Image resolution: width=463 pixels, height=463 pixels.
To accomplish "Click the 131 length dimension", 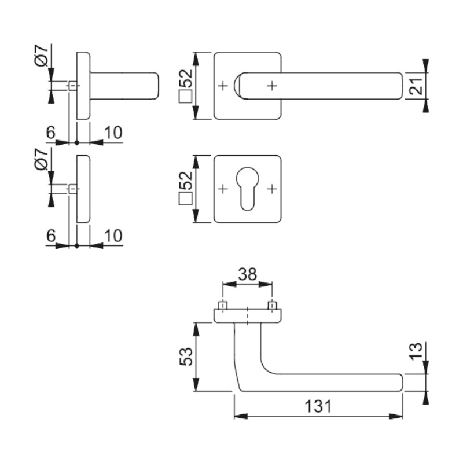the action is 318,406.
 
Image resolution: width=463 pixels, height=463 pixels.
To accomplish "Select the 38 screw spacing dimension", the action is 248,274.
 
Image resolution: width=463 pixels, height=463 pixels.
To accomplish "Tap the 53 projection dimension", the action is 186,357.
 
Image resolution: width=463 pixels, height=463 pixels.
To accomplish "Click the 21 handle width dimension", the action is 416,86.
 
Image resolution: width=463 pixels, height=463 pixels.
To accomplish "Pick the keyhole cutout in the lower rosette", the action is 247,189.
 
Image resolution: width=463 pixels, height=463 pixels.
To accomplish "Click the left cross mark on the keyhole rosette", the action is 223,189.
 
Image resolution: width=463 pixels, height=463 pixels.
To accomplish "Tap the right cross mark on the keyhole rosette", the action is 272,189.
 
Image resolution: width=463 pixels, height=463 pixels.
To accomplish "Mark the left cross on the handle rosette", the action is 223,86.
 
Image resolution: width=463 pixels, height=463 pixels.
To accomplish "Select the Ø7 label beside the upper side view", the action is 41,56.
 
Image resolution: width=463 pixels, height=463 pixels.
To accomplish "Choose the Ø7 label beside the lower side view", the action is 41,159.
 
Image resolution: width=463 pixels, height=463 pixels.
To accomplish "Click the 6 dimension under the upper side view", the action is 51,133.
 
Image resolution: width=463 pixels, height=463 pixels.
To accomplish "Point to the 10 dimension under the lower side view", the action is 113,236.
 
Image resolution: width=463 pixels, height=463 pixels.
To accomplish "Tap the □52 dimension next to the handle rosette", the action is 186,86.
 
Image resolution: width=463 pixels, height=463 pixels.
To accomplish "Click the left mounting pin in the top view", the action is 223,306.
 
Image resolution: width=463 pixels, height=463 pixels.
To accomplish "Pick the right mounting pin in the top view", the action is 272,306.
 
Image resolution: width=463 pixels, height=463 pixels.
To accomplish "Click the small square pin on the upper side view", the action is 73,86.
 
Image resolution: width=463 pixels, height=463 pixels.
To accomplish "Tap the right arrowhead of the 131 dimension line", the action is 396,416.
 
